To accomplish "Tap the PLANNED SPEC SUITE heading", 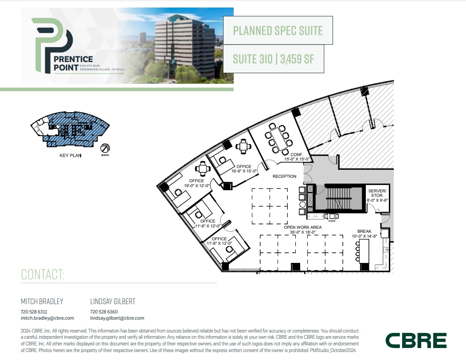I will click(278, 31).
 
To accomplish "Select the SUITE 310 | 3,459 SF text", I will click(274, 59).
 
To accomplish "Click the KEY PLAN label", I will click(70, 156).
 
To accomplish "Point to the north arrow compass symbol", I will click(105, 149).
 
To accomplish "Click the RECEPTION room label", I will click(284, 176).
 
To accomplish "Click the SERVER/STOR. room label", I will click(377, 195).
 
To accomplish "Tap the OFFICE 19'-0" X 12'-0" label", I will click(196, 183).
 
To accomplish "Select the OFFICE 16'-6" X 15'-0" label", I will click(244, 169).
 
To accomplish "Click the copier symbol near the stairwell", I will click(331, 216).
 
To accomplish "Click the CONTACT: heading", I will click(43, 274).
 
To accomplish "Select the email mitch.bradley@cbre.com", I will click(47, 318).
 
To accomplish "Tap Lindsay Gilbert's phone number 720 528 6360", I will click(104, 312).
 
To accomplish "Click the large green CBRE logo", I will click(415, 340).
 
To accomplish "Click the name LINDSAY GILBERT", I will click(113, 301).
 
